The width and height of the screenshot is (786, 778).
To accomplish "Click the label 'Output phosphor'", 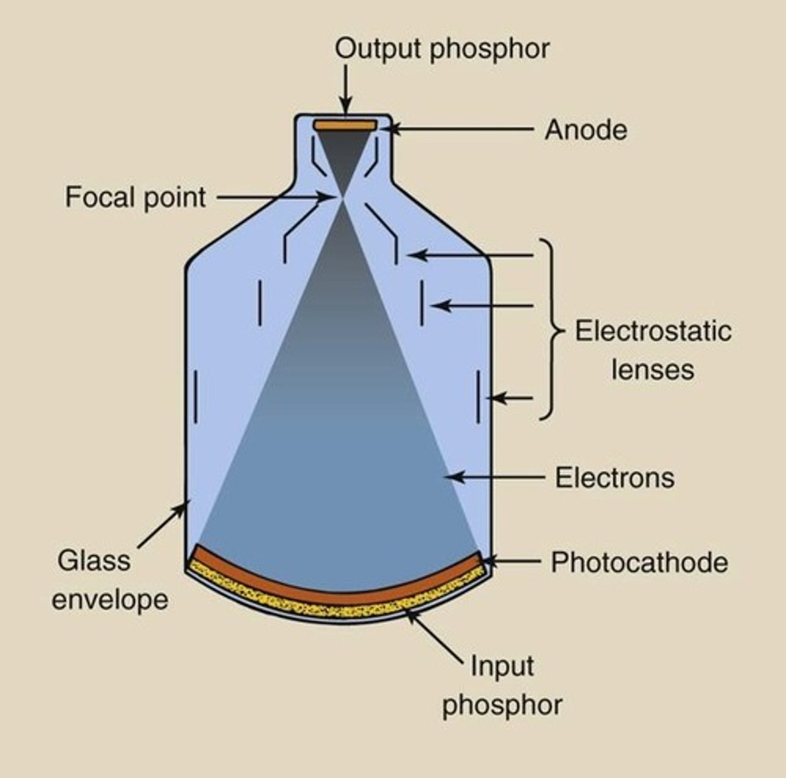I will (x=442, y=49).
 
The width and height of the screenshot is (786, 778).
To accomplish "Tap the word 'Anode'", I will (x=586, y=130).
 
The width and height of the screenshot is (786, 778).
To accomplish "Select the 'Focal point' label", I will (x=136, y=196).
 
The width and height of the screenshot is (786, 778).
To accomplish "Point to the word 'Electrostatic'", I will (x=653, y=331).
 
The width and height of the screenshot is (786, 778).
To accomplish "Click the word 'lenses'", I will (x=652, y=370).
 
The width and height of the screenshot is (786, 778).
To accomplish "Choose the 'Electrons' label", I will (x=614, y=478).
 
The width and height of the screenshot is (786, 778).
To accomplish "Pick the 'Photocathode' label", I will (x=639, y=562).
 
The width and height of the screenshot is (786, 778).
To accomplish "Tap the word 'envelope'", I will (x=110, y=599).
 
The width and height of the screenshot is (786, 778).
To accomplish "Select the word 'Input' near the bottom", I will (x=501, y=666).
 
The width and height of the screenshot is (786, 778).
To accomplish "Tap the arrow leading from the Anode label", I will (x=460, y=130).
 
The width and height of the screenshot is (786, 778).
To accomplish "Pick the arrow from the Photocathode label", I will (x=512, y=561).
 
